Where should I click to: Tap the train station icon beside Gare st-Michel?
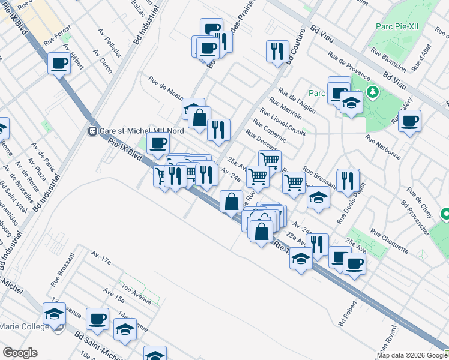[93, 131]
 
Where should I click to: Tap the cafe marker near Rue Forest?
[59, 62]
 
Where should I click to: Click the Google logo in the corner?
[19, 353]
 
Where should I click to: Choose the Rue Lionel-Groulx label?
[283, 122]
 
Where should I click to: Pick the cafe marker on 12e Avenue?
[97, 319]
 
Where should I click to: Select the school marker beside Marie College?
[54, 314]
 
